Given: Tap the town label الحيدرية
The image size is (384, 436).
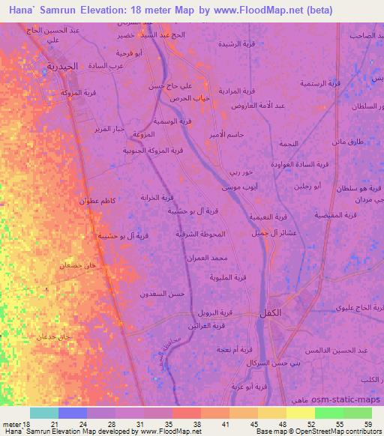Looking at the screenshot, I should (x=58, y=67).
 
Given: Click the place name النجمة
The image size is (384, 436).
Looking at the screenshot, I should (x=287, y=142).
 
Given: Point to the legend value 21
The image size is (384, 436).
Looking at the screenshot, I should (x=54, y=424).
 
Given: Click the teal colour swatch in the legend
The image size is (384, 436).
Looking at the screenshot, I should (x=44, y=413).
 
